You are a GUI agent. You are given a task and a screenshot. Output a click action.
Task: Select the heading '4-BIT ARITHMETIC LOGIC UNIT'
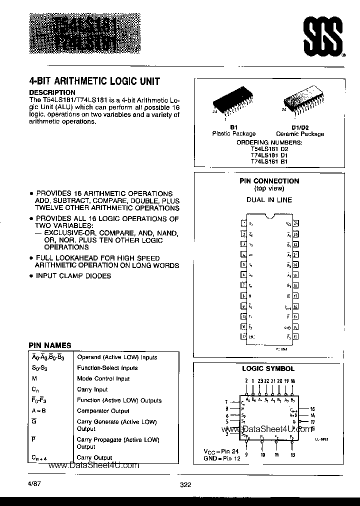coord(95,81)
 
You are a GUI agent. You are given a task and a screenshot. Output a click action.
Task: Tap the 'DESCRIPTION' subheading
coord(52,92)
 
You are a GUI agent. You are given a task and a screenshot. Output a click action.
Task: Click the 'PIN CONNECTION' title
coord(269,181)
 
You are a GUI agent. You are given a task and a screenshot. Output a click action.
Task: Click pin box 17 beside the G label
coord(295,295)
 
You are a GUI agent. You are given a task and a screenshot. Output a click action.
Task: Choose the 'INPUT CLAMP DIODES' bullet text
coord(73,276)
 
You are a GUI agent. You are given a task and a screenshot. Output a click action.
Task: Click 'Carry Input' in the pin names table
coord(92,389)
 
